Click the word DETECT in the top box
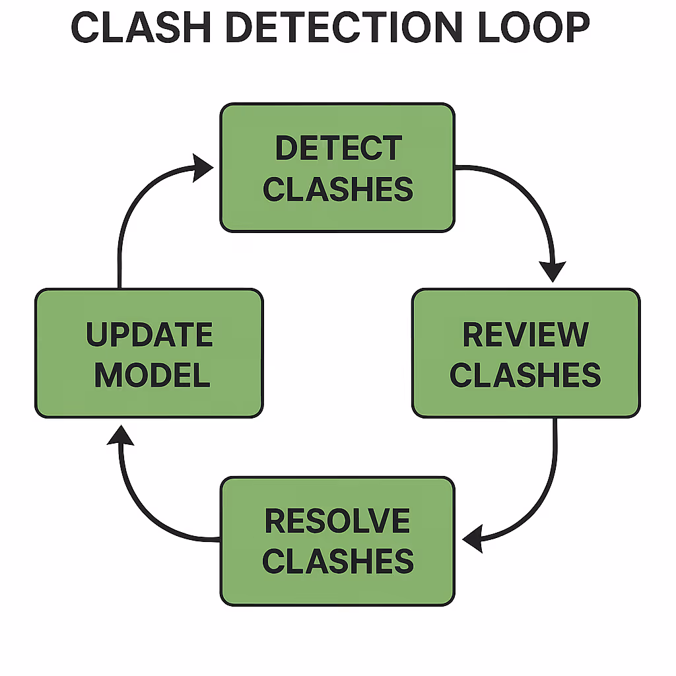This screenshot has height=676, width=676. click(337, 149)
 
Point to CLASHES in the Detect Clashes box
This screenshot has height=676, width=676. click(337, 189)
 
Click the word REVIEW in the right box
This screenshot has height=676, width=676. click(525, 335)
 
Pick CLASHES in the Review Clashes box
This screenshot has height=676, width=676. click(525, 375)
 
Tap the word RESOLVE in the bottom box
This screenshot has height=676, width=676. click(337, 522)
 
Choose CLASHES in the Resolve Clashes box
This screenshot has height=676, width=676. click(337, 562)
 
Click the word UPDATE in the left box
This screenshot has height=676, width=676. click(149, 335)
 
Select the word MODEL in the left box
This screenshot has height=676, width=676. click(152, 375)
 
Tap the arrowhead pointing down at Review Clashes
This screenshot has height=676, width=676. click(553, 271)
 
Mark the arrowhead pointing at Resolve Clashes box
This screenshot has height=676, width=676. click(473, 541)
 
